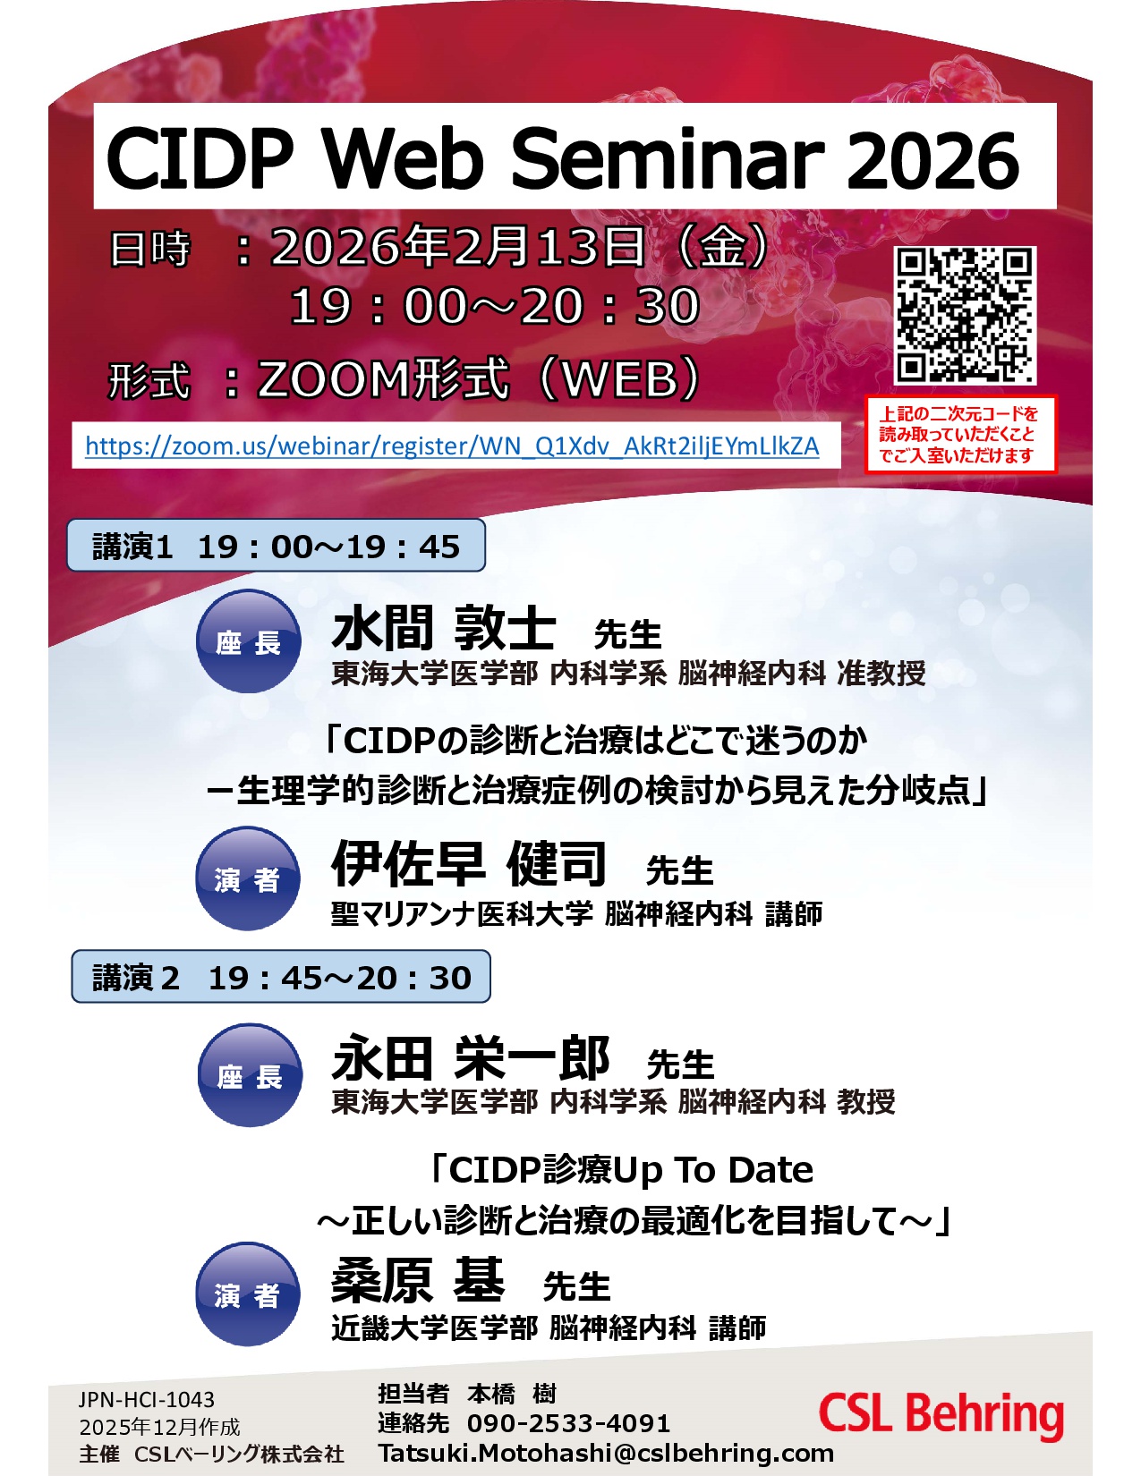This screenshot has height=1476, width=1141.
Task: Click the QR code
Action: coord(964,315)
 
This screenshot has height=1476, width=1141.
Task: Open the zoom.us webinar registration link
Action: coord(452,446)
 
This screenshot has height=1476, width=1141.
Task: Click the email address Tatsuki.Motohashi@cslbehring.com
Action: coord(606,1453)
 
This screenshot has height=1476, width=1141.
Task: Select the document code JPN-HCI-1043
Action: coord(146,1399)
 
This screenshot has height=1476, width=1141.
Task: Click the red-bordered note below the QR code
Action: coord(960,434)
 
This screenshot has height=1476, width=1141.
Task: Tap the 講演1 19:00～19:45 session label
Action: coord(276,546)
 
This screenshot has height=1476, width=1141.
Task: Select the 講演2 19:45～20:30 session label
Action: coord(281,977)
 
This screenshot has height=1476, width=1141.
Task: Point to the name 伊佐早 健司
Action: coord(468,863)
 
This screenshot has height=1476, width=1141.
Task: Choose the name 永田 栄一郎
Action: coord(470,1057)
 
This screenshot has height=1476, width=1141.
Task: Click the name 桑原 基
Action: coord(417,1280)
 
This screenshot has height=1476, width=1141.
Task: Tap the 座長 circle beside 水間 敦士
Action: coord(248,641)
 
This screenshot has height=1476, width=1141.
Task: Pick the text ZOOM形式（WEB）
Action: coord(479,378)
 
